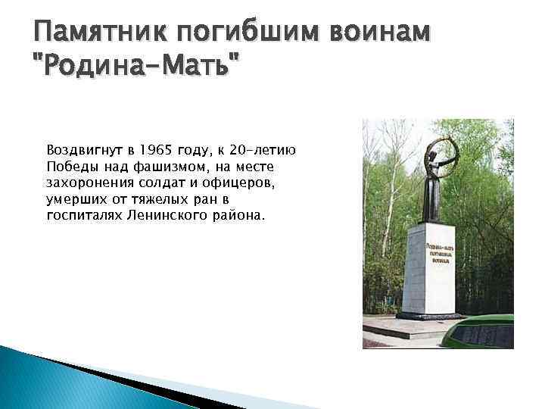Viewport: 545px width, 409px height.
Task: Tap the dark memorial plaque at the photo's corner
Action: click(496, 333)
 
